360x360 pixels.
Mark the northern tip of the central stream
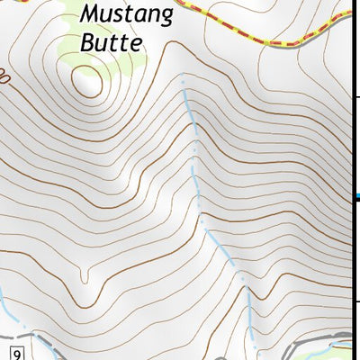[x=182, y=82]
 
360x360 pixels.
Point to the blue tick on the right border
[x=356, y=197]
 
